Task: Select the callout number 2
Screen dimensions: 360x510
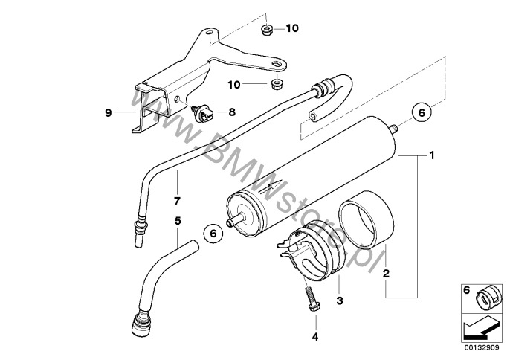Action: coord(385,273)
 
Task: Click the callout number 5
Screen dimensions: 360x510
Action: coord(177,220)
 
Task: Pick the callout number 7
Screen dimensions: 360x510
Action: coord(177,202)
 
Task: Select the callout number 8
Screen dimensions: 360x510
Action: coord(231,112)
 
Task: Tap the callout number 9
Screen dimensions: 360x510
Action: coord(109,113)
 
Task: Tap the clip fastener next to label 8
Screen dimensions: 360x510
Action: coord(201,113)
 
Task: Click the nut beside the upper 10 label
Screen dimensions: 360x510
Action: coord(266,30)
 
